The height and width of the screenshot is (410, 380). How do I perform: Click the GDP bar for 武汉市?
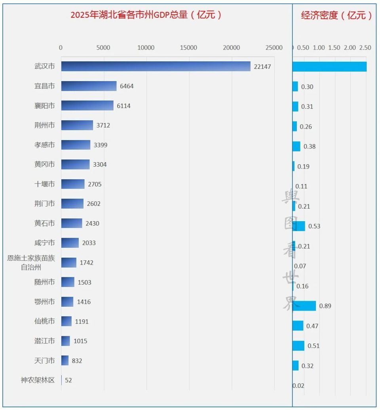(156, 66)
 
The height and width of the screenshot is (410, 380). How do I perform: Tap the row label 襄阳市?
(44, 106)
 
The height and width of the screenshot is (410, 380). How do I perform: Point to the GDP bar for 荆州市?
(77, 125)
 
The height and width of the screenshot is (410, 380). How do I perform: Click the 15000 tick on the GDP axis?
(188, 48)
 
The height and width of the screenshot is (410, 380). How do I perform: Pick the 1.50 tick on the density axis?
(334, 48)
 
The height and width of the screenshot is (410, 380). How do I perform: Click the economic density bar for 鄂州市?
(304, 306)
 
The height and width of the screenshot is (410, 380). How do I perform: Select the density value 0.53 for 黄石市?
(314, 226)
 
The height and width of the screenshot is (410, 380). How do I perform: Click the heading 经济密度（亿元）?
(336, 15)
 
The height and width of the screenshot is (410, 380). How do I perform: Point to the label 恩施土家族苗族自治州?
(31, 263)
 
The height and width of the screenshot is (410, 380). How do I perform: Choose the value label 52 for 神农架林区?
(68, 380)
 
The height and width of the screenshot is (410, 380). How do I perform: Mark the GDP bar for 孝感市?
(76, 145)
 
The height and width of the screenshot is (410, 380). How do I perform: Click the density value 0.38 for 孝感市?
(310, 146)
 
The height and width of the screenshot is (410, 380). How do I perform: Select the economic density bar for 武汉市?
(329, 66)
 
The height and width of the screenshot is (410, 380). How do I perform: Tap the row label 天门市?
(44, 361)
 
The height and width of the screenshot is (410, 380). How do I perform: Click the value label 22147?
(262, 67)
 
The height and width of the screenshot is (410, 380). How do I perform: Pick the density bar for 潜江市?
(298, 345)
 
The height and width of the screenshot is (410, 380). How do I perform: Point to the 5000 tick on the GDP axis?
(103, 48)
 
